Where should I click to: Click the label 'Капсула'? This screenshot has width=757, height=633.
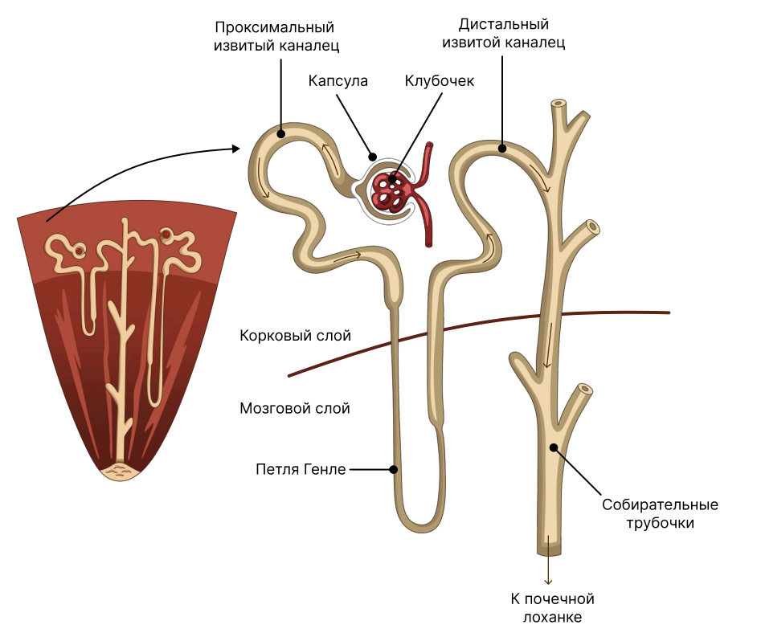point(338,80)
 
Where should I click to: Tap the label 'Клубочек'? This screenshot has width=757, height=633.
point(440,80)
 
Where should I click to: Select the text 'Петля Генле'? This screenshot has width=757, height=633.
point(301,469)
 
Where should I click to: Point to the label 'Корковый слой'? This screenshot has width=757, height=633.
point(296,335)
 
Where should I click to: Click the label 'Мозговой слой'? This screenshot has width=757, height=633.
point(295,408)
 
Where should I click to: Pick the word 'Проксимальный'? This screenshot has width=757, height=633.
point(275,27)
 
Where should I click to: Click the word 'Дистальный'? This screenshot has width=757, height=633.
point(504,24)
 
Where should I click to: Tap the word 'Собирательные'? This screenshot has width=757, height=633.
point(660,504)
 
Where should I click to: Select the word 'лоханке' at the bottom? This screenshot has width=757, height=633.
point(552,617)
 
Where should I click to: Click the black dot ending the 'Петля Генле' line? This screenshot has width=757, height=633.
point(394,469)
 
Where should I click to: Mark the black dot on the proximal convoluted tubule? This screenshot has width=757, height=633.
point(281,134)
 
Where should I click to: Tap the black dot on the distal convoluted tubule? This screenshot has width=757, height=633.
point(502,148)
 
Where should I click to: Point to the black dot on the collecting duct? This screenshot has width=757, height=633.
point(554,447)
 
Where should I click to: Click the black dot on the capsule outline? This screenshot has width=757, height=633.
point(372,157)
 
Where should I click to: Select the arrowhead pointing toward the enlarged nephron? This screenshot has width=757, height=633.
point(236,149)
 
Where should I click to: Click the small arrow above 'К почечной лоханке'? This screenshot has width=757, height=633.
point(548,570)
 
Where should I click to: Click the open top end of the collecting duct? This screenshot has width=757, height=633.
point(559,104)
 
